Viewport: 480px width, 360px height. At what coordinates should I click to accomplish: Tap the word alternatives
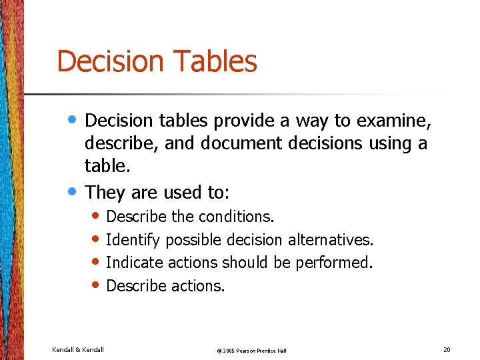tap(331, 239)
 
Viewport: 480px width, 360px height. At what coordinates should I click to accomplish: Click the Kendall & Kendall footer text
tap(78, 349)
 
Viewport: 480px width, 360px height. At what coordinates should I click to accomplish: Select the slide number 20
tap(446, 349)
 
